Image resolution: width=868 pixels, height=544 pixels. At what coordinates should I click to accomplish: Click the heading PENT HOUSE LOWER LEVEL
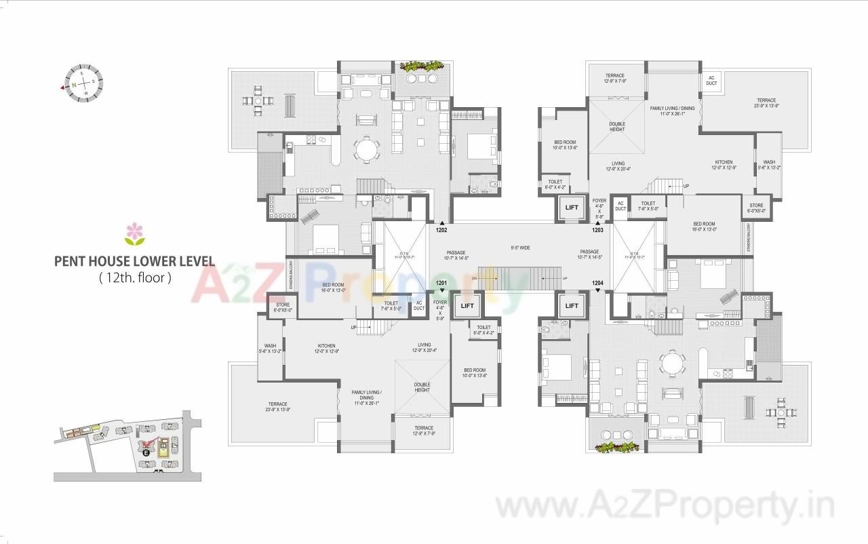134,261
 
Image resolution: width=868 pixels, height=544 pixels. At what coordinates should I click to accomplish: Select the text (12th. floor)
134,277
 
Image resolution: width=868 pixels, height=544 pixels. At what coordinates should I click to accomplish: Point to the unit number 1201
441,283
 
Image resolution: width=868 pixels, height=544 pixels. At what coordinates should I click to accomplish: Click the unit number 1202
441,230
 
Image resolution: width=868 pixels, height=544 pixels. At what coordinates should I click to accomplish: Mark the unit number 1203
597,230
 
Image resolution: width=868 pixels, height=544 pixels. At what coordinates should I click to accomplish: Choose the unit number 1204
597,283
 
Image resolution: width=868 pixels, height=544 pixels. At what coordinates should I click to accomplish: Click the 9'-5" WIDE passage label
520,248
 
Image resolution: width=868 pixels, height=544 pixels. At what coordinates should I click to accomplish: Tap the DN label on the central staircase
475,278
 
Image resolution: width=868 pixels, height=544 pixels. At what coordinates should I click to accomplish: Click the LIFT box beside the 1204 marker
572,305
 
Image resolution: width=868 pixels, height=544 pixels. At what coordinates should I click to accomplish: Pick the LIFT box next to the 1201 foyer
467,305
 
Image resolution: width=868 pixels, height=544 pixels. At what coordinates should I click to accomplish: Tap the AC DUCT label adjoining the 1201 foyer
419,305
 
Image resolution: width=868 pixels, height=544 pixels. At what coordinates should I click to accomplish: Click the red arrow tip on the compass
62,88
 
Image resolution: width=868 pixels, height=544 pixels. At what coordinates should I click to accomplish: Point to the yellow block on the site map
163,447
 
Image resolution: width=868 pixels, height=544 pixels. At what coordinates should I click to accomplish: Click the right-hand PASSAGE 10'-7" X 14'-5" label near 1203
589,254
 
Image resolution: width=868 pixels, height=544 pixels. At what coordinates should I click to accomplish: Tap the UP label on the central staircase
564,278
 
